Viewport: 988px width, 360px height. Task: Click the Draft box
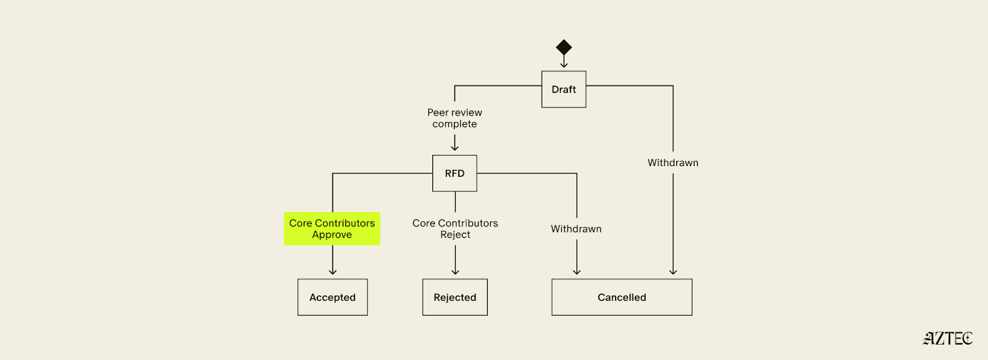[564, 90]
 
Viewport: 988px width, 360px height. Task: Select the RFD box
[454, 174]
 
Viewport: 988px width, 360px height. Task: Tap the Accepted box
[332, 297]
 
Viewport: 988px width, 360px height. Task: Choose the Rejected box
[455, 297]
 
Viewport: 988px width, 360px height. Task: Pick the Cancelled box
[622, 297]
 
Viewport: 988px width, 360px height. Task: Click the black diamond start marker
[564, 47]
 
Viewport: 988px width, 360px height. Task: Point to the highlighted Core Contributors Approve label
[332, 228]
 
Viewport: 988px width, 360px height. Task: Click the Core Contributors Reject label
[455, 228]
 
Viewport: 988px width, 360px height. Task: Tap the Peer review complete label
[454, 118]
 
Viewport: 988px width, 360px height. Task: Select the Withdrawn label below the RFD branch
[576, 229]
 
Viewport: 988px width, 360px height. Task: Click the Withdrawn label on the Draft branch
[673, 163]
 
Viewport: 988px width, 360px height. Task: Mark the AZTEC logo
[948, 338]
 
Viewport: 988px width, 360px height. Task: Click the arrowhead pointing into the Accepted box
[333, 272]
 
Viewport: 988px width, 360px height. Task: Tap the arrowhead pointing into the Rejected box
[455, 272]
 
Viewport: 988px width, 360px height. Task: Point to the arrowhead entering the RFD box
[455, 148]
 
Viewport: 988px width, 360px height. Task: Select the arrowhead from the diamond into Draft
[564, 64]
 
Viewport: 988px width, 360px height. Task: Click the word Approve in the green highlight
[332, 235]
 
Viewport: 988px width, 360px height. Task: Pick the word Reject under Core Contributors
[455, 235]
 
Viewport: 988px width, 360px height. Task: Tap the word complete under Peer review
[454, 124]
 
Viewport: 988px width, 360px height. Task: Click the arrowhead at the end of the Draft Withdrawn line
[673, 272]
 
